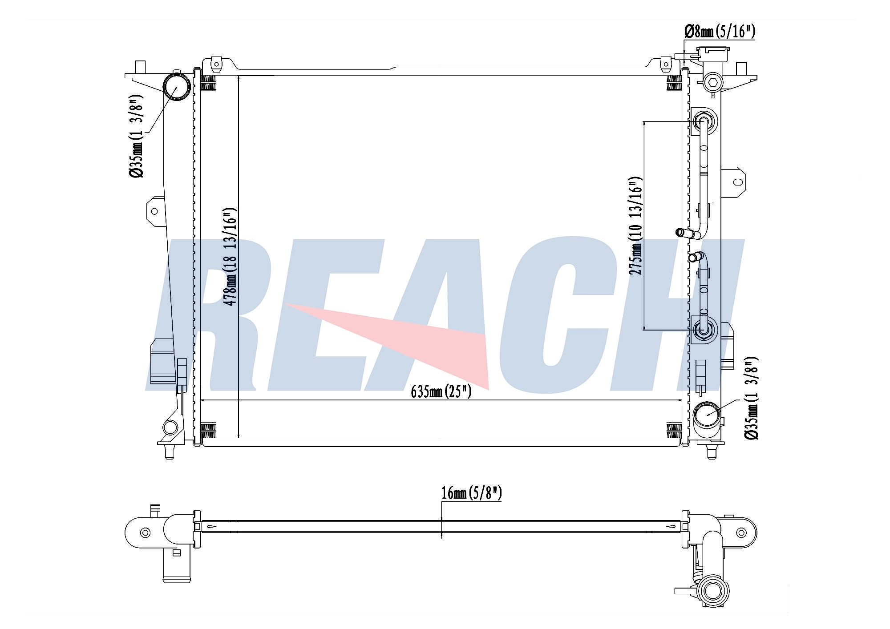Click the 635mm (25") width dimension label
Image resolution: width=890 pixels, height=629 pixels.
tap(441, 391)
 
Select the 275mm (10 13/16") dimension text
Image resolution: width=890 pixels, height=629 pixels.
tap(636, 226)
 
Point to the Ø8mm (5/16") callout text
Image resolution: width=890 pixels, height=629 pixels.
tap(720, 31)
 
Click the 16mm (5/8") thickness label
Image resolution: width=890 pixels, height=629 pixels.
tap(471, 493)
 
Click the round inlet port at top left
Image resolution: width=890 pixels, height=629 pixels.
tap(176, 87)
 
